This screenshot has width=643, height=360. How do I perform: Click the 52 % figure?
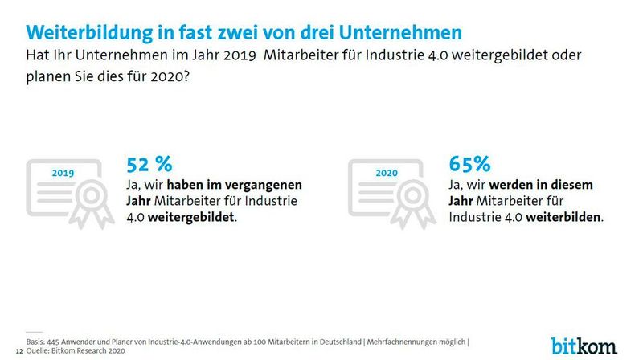click(x=149, y=164)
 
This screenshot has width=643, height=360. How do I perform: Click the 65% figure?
click(x=470, y=164)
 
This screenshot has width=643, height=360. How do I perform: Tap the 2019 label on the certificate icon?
click(x=62, y=173)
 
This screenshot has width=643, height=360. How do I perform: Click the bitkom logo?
click(x=584, y=345)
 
